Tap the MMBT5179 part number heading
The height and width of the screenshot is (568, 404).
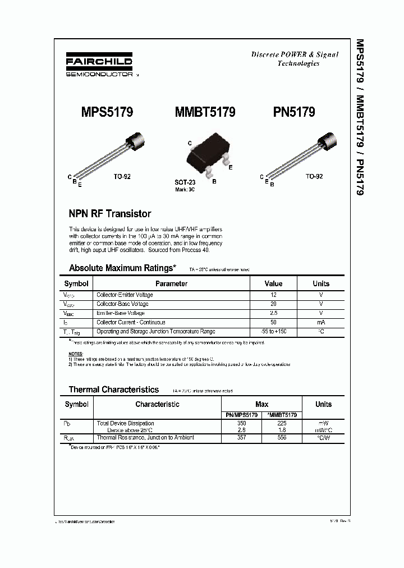(205, 112)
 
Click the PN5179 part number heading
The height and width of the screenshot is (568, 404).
(294, 112)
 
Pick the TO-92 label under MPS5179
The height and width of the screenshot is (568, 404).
(122, 176)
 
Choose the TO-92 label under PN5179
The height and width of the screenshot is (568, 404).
(314, 176)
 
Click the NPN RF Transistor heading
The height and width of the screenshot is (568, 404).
(109, 214)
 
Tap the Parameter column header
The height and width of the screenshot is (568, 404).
(171, 283)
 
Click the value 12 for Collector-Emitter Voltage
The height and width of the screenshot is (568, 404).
(273, 295)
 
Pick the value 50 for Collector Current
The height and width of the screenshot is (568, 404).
(273, 322)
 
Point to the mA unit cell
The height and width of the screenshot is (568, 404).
(320, 322)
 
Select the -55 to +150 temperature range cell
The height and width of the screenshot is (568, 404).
(273, 332)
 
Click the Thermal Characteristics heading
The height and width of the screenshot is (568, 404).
(113, 390)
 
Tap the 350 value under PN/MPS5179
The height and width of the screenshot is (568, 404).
(242, 423)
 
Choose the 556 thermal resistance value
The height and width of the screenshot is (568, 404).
(282, 437)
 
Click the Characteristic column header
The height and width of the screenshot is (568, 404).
(157, 404)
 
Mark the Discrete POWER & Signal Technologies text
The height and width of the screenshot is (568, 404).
(295, 59)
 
